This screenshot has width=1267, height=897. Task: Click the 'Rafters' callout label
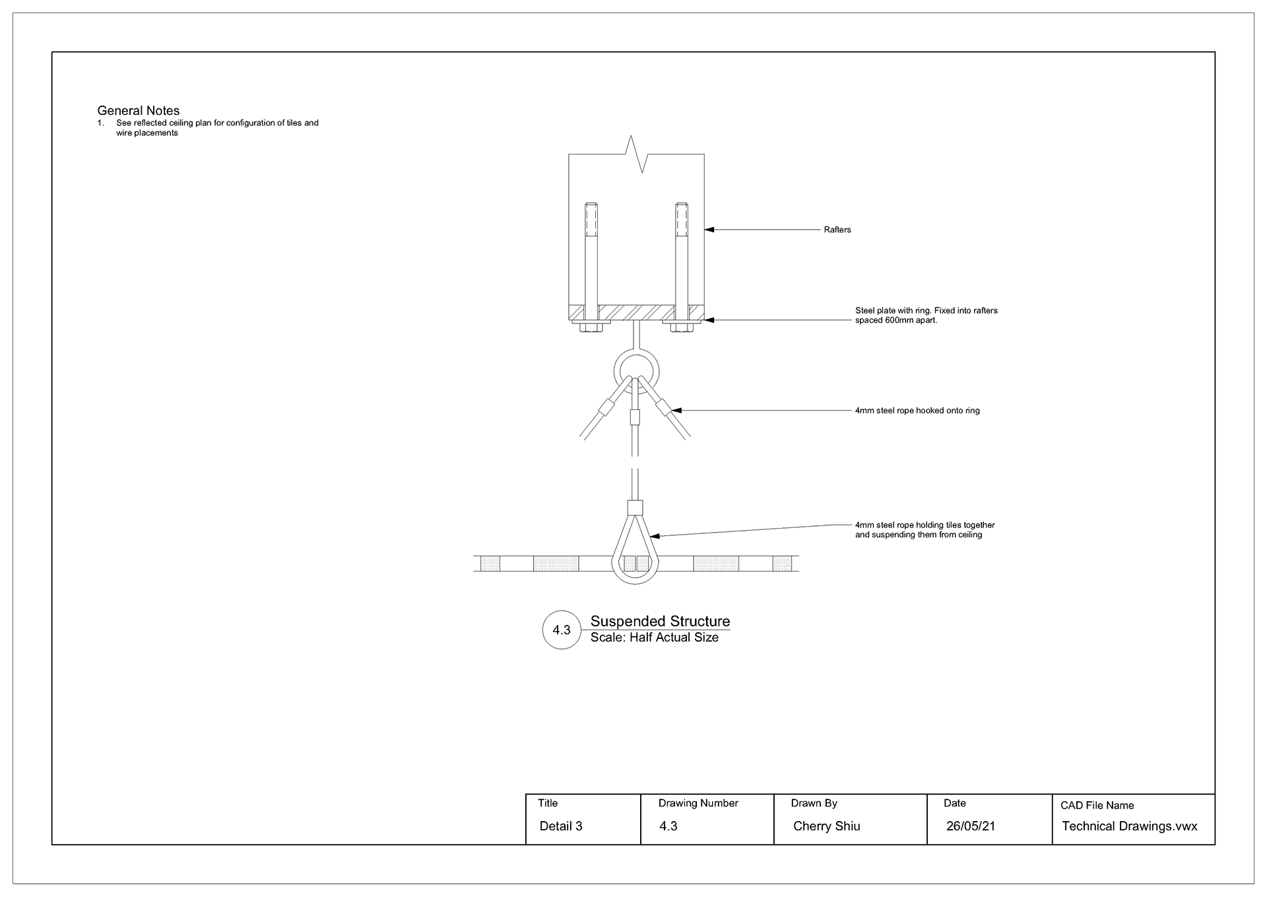coord(837,230)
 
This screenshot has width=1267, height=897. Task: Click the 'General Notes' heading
coord(139,111)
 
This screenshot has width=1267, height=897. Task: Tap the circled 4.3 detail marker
coord(562,630)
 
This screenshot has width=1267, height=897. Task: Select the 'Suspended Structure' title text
coord(660,621)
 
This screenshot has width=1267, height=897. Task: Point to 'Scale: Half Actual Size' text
coord(654,638)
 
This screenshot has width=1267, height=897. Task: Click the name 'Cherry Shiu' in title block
coord(826,826)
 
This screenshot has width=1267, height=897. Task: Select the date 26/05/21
coord(970,826)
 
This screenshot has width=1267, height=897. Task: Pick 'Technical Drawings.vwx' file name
coord(1129,826)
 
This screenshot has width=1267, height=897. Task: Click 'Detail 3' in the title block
coord(561,826)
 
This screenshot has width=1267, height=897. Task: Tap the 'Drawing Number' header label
coord(698,803)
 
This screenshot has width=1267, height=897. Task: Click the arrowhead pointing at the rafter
coord(709,230)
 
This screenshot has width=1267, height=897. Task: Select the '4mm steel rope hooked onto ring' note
coord(917,411)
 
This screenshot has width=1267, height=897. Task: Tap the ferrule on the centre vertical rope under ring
coord(635,417)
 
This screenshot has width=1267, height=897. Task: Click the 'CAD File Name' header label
coord(1097,805)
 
